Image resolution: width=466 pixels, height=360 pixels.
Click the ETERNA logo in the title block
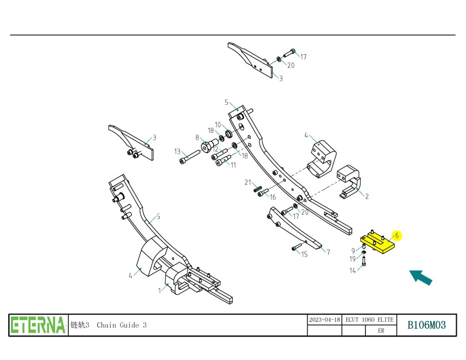pos(38,325)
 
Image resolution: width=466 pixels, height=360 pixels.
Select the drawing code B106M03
pos(426,325)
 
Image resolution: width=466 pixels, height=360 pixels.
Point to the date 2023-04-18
pos(324,319)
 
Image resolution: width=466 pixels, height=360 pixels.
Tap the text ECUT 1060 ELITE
pos(369,319)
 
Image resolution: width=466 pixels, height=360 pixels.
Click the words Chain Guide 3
pos(122,325)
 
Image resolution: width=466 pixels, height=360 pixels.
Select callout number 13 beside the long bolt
pos(177,152)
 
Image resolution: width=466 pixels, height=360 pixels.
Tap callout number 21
pos(248,183)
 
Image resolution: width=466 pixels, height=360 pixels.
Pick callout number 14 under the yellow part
pos(353,270)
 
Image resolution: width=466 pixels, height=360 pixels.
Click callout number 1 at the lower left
pos(160,290)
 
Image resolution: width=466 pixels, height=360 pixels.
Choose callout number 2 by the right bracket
pos(367,197)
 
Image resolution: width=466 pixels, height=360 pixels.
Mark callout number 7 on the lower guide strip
pos(328,252)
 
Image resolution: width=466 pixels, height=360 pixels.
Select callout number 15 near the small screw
pos(304,254)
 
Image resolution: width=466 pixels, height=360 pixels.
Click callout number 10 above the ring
pos(218,125)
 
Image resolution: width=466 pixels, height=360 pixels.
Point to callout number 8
pos(197,137)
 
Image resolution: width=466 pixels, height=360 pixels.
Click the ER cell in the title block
pos(381,331)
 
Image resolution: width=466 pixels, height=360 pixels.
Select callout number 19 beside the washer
pos(353,259)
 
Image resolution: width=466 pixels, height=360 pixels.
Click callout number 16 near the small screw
pos(273,197)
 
